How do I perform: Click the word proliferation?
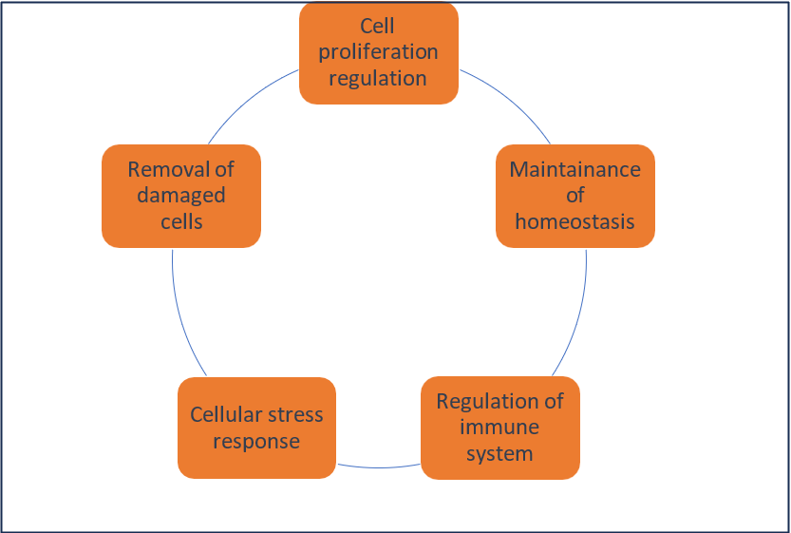click(378, 51)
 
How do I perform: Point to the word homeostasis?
click(574, 221)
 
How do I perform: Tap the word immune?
click(499, 427)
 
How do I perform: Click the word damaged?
click(180, 196)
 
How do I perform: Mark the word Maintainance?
click(574, 170)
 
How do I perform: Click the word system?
click(499, 452)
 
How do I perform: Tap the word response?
click(256, 441)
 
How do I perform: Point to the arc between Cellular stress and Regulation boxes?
click(379, 466)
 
